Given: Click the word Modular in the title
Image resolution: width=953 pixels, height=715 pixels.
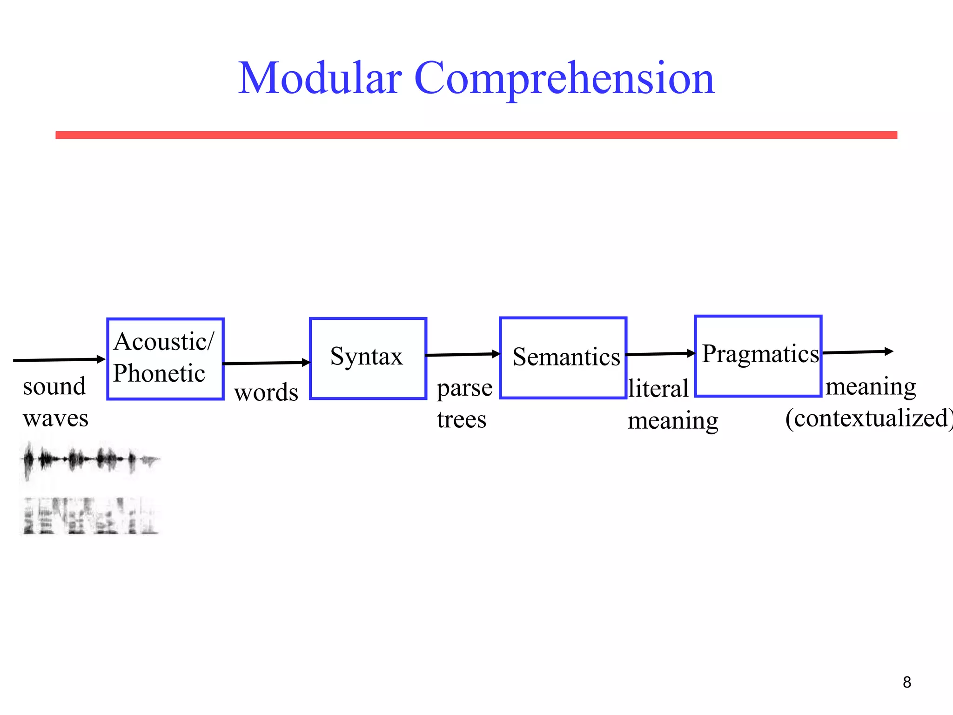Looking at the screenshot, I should click(x=320, y=78).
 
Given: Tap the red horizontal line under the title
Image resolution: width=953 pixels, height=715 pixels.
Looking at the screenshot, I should click(x=476, y=135).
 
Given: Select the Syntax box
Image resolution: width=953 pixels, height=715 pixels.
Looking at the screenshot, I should click(x=368, y=358).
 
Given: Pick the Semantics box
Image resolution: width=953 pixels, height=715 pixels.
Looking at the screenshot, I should click(x=563, y=358).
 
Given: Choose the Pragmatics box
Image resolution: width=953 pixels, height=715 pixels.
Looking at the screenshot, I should click(x=758, y=356).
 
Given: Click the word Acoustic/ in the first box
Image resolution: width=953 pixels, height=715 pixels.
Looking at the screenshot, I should click(x=164, y=342).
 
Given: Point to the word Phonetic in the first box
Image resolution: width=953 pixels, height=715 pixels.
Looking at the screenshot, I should click(x=159, y=373).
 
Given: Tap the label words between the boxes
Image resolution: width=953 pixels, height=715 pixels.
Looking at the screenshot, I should click(x=266, y=392).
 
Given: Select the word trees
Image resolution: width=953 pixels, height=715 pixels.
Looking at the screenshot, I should click(x=461, y=419).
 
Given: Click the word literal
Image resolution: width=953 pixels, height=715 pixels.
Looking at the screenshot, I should click(x=658, y=389).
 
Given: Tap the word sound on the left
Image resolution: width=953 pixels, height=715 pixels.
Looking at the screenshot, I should click(x=54, y=386).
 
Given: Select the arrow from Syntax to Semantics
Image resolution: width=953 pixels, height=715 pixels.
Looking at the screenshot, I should click(x=463, y=355).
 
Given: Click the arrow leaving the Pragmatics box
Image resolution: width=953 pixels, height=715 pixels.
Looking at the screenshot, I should click(x=857, y=352).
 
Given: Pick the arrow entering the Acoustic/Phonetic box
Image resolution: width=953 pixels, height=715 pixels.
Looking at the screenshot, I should click(x=59, y=360).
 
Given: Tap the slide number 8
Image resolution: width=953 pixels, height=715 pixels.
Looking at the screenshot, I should click(x=906, y=682).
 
